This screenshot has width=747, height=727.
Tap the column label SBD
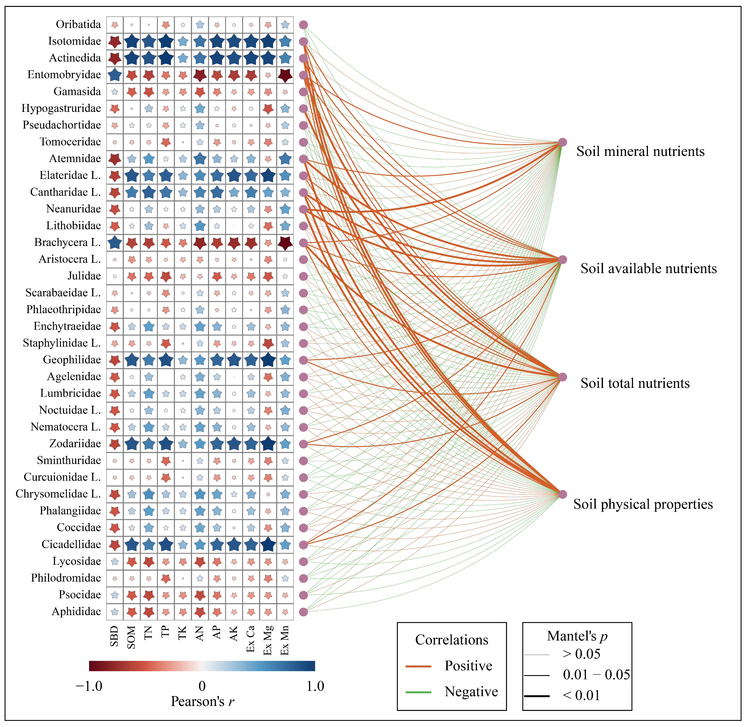click(x=114, y=636)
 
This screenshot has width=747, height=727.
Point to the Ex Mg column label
click(x=268, y=640)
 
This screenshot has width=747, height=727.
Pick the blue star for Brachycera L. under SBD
click(x=115, y=242)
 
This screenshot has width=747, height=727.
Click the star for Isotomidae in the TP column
click(x=165, y=41)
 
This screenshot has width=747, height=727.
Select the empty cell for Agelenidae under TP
click(x=165, y=377)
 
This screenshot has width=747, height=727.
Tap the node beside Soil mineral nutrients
click(x=562, y=142)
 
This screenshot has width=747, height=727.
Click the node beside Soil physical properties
click(x=562, y=494)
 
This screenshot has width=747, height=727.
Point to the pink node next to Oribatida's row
click(x=303, y=25)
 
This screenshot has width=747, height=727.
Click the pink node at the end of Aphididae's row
click(x=303, y=612)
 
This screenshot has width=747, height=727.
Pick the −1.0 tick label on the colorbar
click(x=89, y=686)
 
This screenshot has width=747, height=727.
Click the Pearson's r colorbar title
click(x=202, y=701)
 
